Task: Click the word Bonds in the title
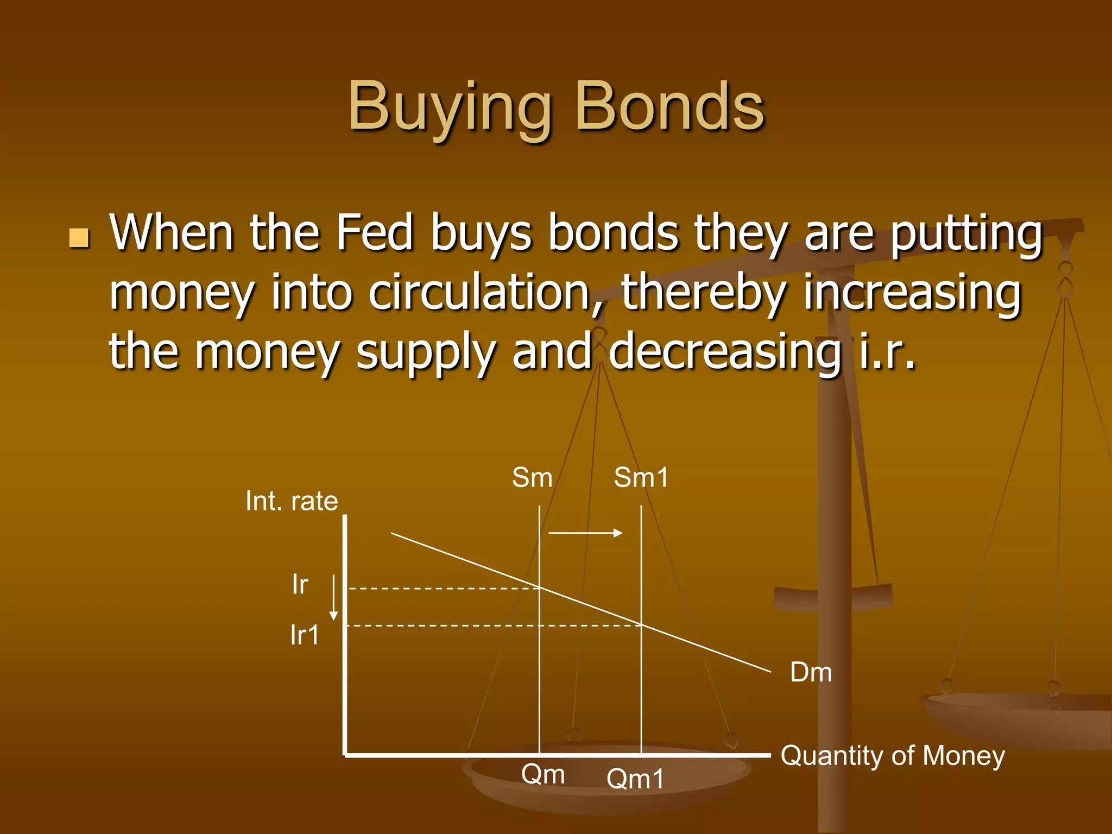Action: (x=669, y=107)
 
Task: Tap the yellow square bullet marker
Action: (x=79, y=238)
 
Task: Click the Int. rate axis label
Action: (x=292, y=501)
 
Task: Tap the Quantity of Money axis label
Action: (x=893, y=756)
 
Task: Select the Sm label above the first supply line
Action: (x=532, y=478)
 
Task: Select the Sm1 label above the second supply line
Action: (x=641, y=478)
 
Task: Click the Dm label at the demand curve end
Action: (x=811, y=672)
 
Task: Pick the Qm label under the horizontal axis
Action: (x=543, y=774)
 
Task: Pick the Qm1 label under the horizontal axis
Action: (x=635, y=779)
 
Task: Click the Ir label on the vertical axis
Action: (x=300, y=585)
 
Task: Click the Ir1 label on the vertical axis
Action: (x=305, y=635)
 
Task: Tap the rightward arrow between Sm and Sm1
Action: (x=585, y=533)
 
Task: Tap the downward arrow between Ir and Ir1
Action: (x=334, y=597)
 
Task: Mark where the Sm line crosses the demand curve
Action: (x=539, y=588)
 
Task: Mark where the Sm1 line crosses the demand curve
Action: (x=641, y=625)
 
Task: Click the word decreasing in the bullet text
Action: (x=725, y=352)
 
